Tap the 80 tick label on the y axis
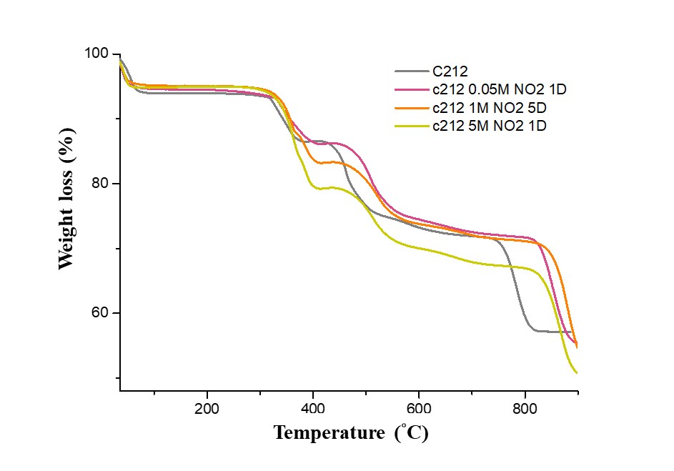[x=100, y=184]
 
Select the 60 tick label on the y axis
[x=100, y=313]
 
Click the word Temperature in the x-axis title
[x=327, y=432]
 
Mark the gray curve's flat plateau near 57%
[x=550, y=331]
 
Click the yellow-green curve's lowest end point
[x=576, y=372]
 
